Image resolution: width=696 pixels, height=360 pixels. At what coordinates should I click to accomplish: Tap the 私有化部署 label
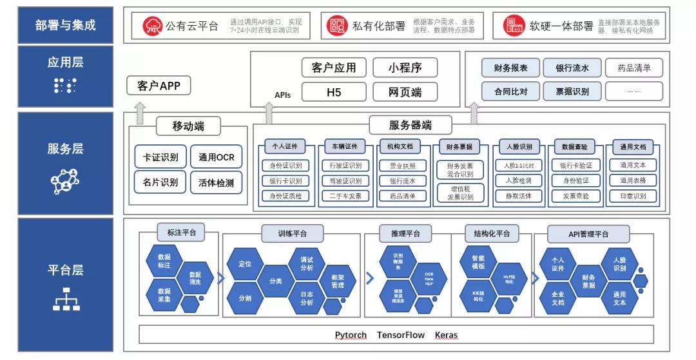pos(379,26)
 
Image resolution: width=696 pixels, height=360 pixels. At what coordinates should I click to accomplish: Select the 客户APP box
pos(159,86)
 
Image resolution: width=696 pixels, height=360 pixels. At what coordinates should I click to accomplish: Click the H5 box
pos(334,92)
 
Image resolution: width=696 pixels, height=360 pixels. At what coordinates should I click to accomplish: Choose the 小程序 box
pos(405,68)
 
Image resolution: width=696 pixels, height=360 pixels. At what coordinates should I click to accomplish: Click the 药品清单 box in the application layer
pos(633,68)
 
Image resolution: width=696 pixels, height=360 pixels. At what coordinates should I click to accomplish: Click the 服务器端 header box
pos(411,125)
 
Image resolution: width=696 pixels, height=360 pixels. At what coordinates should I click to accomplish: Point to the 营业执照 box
pos(403,166)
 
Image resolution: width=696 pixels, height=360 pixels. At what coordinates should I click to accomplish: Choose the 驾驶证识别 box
pos(345,181)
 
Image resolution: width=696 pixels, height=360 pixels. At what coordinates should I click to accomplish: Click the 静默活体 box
pos(518,196)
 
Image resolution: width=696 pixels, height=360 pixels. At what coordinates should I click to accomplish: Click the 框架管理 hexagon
pos(337,281)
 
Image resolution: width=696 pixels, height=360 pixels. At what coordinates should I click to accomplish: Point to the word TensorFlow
pos(401,335)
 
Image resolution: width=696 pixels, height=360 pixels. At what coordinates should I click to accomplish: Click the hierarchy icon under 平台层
pos(66,299)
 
